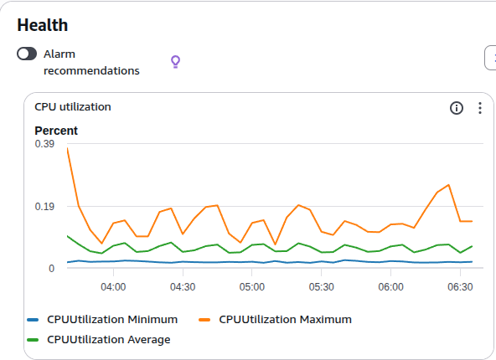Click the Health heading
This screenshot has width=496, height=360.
click(43, 26)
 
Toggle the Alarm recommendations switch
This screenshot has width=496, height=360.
click(27, 54)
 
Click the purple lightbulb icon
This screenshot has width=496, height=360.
click(175, 61)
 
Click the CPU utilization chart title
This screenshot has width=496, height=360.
click(73, 107)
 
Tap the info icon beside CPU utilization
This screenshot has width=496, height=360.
click(457, 108)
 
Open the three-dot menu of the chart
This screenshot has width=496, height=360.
click(479, 108)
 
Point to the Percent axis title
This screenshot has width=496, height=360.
click(56, 131)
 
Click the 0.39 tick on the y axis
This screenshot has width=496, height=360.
click(44, 144)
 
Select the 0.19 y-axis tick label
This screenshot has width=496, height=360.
click(44, 206)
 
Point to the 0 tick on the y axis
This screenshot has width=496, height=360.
click(50, 268)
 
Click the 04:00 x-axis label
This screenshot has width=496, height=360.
click(113, 286)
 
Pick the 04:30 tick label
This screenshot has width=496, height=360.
click(183, 286)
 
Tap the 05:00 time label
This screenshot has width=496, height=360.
click(252, 286)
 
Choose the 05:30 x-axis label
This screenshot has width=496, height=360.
click(322, 286)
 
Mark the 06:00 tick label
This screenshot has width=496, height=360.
click(391, 286)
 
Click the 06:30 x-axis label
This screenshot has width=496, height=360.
click(460, 286)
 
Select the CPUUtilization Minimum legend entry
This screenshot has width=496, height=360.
click(112, 319)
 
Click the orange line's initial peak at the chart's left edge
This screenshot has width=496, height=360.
click(68, 149)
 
